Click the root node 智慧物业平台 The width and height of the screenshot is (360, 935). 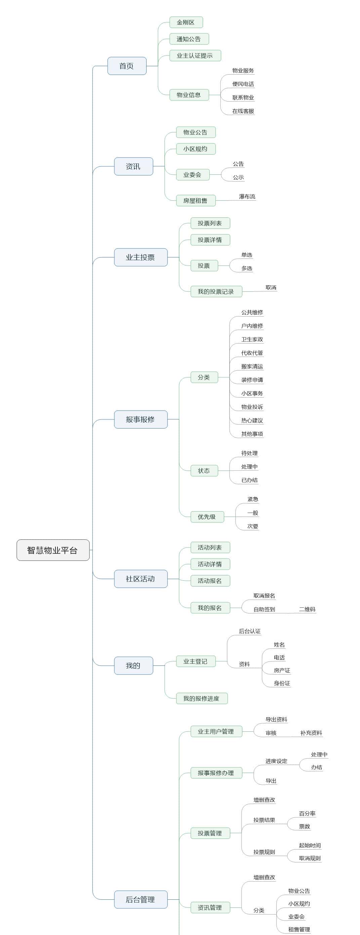click(53, 550)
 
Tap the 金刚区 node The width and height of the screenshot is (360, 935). click(186, 23)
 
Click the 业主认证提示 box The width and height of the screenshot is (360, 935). click(195, 55)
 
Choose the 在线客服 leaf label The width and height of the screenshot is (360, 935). click(243, 111)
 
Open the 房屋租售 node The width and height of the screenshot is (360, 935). click(196, 200)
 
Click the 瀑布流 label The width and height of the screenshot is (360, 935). click(247, 197)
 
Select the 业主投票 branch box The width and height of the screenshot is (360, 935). click(141, 257)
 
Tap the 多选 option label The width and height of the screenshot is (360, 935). click(247, 269)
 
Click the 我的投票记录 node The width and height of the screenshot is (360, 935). click(216, 291)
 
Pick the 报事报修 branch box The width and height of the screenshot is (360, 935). click(141, 419)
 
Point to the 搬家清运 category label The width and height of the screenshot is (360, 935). click(252, 367)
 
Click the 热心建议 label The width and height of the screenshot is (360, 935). click(252, 420)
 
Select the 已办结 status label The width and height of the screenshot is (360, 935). click(250, 480)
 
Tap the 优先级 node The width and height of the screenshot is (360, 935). click(207, 517)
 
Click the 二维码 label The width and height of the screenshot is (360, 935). click(307, 609)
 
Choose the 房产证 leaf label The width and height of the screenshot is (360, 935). click(282, 670)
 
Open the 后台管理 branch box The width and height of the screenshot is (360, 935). click(141, 899)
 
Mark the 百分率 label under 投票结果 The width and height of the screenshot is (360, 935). click(307, 813)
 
